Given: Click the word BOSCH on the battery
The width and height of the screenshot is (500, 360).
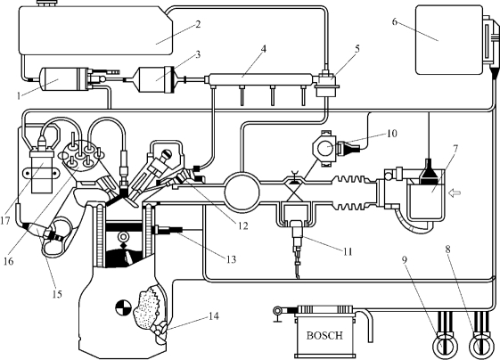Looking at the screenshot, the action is [x=324, y=335].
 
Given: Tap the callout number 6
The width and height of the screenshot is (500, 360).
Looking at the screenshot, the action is [x=395, y=21].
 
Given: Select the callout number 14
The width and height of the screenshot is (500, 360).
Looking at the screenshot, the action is [x=214, y=316].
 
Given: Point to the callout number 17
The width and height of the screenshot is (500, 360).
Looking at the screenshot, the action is [x=5, y=220].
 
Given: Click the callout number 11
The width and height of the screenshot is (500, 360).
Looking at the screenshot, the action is [x=348, y=251].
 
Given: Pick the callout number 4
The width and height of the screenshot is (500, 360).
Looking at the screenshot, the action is [x=264, y=48].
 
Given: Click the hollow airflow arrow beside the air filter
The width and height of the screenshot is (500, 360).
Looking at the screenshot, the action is [x=455, y=192].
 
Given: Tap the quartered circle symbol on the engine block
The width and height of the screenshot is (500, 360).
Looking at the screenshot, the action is [x=123, y=307].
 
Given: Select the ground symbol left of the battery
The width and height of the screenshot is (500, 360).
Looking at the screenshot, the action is [x=277, y=315].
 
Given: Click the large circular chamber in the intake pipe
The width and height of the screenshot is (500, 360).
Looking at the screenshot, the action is [x=242, y=192].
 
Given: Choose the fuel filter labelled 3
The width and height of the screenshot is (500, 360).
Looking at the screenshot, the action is [x=157, y=79].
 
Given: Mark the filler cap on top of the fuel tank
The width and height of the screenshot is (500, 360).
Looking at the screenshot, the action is [x=46, y=4].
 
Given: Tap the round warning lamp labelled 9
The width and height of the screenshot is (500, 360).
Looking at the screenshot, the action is [x=444, y=346].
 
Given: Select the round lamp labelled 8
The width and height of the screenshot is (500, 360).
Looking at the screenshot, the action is [x=481, y=346].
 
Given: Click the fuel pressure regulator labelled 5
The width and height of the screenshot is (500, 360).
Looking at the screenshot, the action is [x=326, y=84].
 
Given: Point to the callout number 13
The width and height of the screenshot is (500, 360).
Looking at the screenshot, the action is [x=231, y=259].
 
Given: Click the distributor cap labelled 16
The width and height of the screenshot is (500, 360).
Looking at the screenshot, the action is [x=81, y=156].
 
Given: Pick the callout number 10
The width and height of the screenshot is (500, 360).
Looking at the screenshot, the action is [x=391, y=134].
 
